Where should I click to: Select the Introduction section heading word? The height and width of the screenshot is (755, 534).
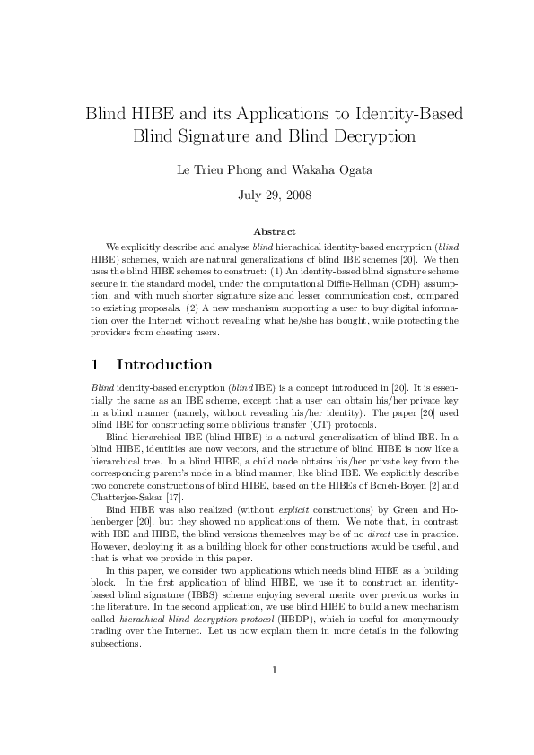pos(164,365)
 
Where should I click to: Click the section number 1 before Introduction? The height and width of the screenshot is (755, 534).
pos(95,365)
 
